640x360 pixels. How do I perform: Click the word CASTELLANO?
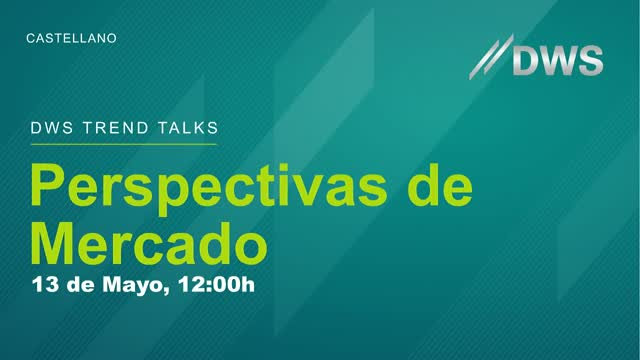pos(71,38)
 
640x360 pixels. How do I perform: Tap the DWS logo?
pos(537,57)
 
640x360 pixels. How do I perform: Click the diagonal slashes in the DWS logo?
pos(490,57)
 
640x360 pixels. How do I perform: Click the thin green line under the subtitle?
pos(123,144)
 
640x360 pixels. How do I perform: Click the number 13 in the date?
pos(45,284)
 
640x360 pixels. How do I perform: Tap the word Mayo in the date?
pos(137,285)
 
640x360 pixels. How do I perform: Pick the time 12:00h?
pos(215,284)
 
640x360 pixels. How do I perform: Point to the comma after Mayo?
pos(168,291)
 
